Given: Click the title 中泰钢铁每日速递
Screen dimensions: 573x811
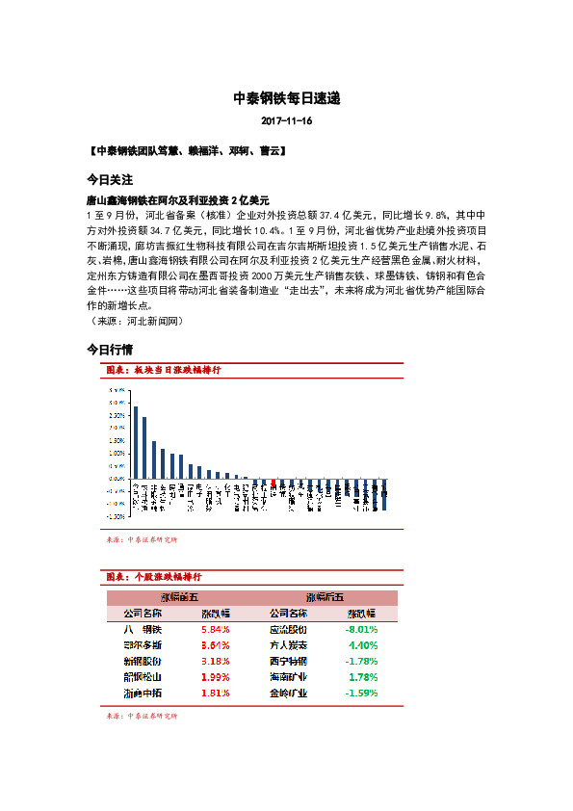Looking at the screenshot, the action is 286,98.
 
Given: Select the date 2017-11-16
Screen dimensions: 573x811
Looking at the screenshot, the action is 286,122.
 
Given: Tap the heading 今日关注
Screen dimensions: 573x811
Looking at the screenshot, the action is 110,180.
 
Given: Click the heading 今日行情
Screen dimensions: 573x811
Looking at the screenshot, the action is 110,349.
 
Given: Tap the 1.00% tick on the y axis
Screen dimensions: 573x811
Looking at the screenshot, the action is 116,453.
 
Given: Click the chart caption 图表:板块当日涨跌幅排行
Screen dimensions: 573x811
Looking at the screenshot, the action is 164,370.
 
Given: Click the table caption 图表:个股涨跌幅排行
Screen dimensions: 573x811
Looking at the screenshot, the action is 154,576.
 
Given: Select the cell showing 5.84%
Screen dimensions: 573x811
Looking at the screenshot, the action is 215,629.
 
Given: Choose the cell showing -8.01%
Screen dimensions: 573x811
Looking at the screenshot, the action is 361,629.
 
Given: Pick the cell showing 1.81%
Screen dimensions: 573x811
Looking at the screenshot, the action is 215,692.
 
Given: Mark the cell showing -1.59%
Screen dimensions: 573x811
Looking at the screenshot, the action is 361,692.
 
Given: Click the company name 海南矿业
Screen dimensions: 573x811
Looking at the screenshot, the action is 288,676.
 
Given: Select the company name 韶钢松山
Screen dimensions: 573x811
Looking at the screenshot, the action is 143,676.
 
